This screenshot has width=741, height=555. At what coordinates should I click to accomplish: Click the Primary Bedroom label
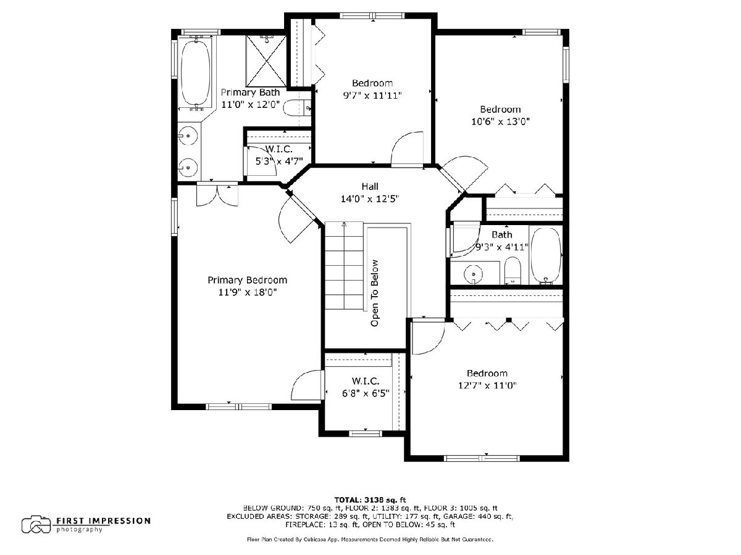(x=247, y=280)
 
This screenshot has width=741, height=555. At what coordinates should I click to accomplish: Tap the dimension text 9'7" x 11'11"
(x=372, y=96)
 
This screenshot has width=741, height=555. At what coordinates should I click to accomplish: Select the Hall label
(x=370, y=186)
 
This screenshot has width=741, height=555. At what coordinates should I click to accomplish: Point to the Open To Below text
(x=374, y=293)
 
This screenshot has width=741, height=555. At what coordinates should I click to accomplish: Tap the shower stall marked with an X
(x=266, y=61)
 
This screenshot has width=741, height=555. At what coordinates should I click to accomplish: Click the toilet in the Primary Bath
(x=297, y=108)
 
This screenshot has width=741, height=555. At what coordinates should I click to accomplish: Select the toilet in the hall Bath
(x=513, y=271)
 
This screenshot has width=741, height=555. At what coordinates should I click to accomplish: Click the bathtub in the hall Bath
(x=545, y=255)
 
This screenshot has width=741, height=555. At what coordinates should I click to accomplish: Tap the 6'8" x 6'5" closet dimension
(x=366, y=393)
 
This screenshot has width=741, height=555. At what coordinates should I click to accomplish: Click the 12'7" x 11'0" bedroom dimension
(x=487, y=385)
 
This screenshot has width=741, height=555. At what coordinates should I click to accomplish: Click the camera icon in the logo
(x=36, y=524)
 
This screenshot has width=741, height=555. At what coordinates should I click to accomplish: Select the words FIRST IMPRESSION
(x=103, y=521)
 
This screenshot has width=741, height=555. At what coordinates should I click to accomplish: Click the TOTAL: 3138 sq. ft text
(x=370, y=499)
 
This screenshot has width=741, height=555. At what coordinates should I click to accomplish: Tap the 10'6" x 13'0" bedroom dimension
(x=500, y=121)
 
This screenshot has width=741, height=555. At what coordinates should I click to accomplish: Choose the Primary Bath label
(x=250, y=92)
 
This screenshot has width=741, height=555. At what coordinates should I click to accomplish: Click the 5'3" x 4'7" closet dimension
(x=279, y=162)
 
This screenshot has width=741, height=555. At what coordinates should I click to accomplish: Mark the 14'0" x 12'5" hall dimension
(x=370, y=199)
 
